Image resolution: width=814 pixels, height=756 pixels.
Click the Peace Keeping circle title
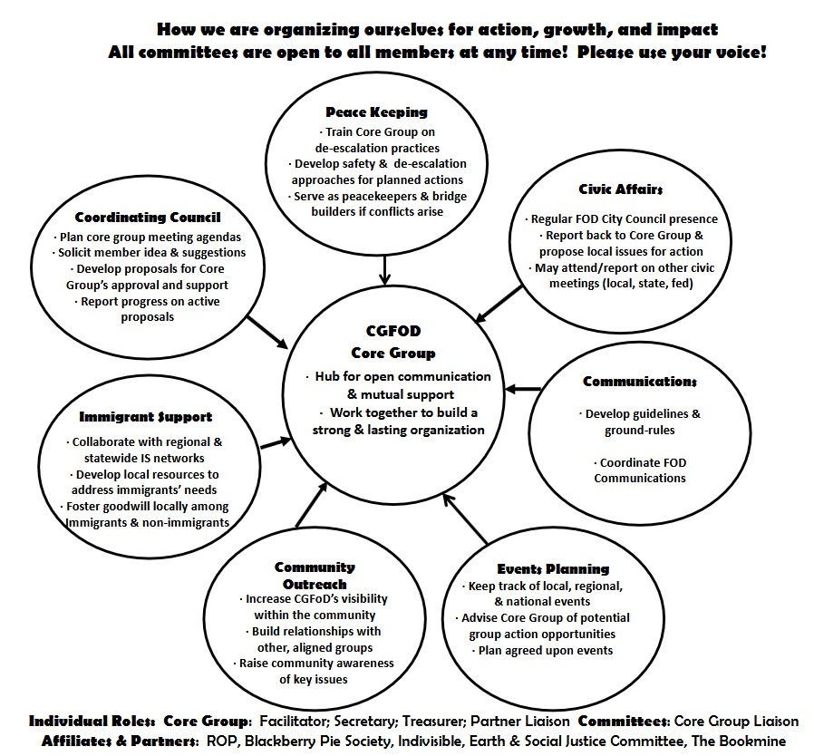[x=377, y=112]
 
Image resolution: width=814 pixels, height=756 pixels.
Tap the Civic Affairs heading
[x=621, y=189]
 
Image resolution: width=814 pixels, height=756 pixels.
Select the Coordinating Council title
[x=148, y=218]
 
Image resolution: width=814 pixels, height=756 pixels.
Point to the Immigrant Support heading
[x=145, y=417]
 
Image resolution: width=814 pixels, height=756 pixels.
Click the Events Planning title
[x=554, y=569]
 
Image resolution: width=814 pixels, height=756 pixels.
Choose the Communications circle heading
[x=640, y=382]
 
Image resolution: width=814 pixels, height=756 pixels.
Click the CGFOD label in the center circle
[x=393, y=331]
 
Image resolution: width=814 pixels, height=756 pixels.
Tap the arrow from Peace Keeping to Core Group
[x=384, y=269]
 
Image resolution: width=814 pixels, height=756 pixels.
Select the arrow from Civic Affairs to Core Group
[x=499, y=305]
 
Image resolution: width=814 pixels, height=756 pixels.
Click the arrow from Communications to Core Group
[x=522, y=388]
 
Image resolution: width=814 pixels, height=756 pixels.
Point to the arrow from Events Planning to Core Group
[x=465, y=519]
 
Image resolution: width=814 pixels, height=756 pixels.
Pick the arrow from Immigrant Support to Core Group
[x=276, y=443]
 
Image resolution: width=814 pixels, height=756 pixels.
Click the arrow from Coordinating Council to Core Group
[x=268, y=333]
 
